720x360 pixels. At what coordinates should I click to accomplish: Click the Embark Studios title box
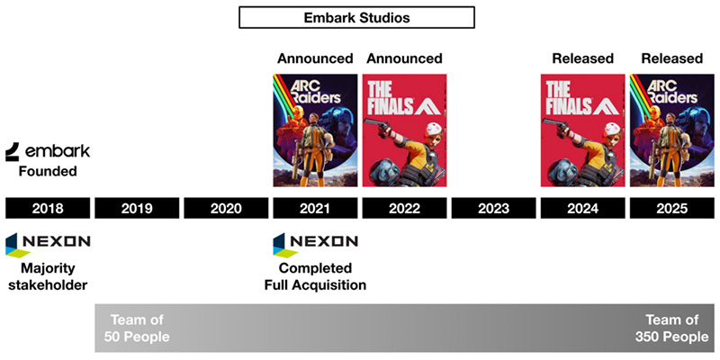(x=356, y=17)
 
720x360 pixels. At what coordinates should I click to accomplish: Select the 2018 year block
(x=48, y=209)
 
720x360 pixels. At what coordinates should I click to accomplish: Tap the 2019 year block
(x=137, y=209)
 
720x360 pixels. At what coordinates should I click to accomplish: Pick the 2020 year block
(x=226, y=209)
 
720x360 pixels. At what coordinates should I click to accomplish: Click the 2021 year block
(x=314, y=209)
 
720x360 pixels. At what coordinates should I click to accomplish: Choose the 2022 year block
(x=404, y=209)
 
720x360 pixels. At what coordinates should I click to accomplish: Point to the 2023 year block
(x=493, y=209)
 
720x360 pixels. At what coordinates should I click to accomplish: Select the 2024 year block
(x=582, y=209)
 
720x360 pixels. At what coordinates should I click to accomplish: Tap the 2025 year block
(x=671, y=209)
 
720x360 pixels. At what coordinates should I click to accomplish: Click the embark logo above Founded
(x=48, y=150)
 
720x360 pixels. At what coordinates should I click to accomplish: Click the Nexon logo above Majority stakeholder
(x=48, y=243)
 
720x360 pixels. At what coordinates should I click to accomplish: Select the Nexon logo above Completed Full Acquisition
(x=315, y=243)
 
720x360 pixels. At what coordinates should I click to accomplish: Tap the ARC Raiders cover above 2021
(x=314, y=130)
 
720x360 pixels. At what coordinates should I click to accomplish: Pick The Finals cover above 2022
(x=404, y=130)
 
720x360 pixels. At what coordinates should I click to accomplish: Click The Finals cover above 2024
(x=582, y=130)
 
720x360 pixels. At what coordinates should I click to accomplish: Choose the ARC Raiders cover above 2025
(x=671, y=130)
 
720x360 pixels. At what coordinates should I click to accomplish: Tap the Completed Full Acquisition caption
(x=315, y=276)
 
